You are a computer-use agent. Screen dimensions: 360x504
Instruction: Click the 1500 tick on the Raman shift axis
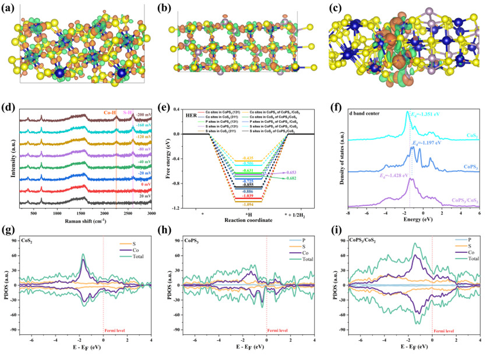(80, 214)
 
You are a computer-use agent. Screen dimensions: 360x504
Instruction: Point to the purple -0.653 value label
(288, 173)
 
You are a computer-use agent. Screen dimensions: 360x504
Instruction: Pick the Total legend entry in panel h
(302, 259)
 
